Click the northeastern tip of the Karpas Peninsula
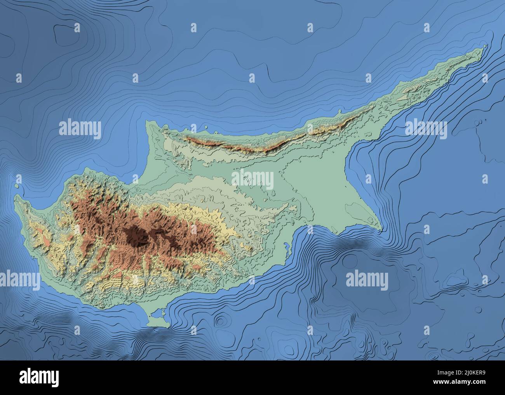coord(486,47)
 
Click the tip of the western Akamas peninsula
coord(16,198)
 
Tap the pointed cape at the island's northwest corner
coord(147,122)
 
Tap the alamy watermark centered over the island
coord(252,180)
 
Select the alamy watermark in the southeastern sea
coord(367,279)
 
